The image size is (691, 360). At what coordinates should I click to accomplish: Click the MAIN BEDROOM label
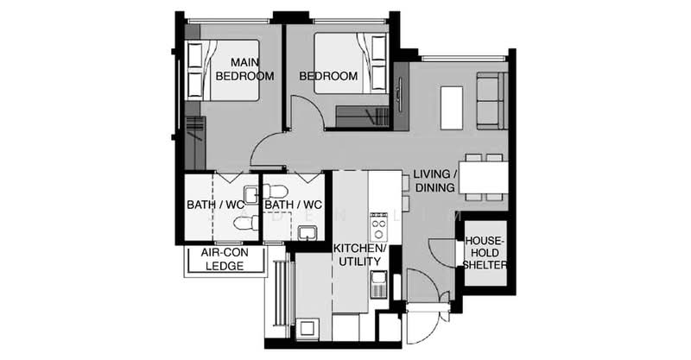pyautogui.click(x=244, y=69)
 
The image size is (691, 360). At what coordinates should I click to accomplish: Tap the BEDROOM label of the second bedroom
pyautogui.click(x=328, y=76)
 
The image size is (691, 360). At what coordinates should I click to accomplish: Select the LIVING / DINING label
pyautogui.click(x=435, y=180)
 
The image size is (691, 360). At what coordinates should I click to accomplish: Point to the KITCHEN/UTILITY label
pyautogui.click(x=359, y=255)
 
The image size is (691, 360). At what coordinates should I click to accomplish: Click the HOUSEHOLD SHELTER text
pyautogui.click(x=485, y=253)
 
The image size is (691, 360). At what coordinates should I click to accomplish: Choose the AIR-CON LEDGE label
pyautogui.click(x=225, y=259)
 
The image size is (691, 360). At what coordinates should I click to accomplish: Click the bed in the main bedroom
pyautogui.click(x=222, y=71)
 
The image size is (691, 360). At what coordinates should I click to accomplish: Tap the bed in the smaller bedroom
pyautogui.click(x=352, y=64)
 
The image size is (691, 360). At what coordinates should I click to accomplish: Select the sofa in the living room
pyautogui.click(x=492, y=101)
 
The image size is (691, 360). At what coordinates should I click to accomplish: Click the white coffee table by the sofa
pyautogui.click(x=452, y=108)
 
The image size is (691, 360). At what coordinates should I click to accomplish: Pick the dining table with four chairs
pyautogui.click(x=484, y=177)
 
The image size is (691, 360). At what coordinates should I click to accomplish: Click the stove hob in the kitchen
pyautogui.click(x=378, y=226)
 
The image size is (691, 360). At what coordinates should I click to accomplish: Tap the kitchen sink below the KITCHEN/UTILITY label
pyautogui.click(x=378, y=285)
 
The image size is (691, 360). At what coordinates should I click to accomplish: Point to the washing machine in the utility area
pyautogui.click(x=307, y=328)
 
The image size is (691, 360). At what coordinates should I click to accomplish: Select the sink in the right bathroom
pyautogui.click(x=307, y=233)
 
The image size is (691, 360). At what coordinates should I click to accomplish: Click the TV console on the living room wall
pyautogui.click(x=401, y=96)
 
